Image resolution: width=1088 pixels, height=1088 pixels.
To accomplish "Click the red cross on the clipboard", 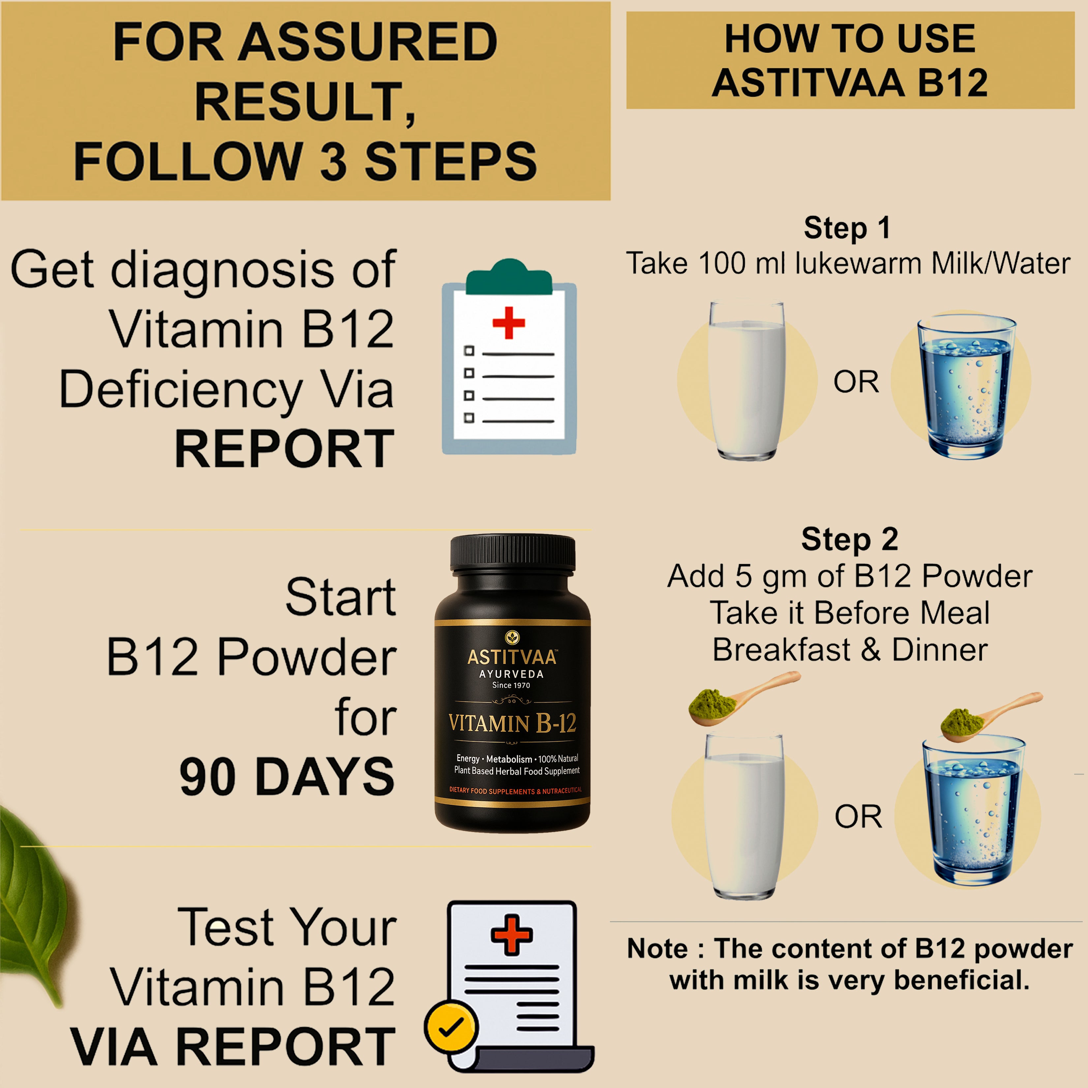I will [508, 323].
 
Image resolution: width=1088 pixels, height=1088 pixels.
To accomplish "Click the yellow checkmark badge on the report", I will [450, 1027].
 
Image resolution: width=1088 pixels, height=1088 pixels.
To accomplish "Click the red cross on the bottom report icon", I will [511, 935].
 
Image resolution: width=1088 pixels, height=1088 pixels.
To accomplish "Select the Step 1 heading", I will [847, 228].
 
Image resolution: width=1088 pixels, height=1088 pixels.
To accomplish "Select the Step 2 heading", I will [849, 539].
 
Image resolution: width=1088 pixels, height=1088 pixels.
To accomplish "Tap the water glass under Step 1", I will [966, 389].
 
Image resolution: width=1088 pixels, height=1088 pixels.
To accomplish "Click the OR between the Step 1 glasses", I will [856, 382].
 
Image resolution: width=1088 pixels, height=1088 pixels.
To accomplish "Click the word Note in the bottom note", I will [657, 949].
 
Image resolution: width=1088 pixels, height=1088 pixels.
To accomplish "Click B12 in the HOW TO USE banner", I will [953, 83].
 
